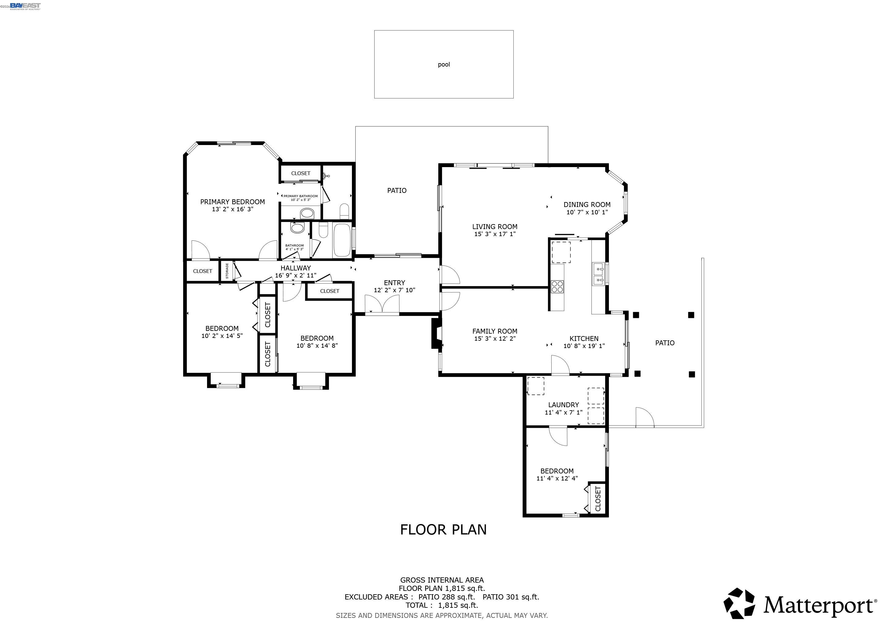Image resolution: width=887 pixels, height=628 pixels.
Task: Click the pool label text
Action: coord(443,65)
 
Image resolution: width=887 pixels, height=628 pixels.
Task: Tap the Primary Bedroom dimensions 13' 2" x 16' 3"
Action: coord(232,209)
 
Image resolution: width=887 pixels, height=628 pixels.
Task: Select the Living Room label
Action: coord(494,227)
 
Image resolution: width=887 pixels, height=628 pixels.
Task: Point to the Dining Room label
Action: coord(587,205)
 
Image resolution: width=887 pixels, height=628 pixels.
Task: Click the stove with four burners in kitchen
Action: coord(557,286)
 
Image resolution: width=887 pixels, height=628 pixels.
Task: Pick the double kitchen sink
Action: coord(598,274)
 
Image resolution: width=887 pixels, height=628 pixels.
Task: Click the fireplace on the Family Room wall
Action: coord(436,333)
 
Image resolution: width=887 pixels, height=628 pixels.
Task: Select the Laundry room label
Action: coord(563,405)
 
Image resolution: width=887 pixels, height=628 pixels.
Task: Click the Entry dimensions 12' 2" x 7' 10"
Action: coord(394,290)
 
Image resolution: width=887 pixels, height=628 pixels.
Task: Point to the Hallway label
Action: coord(296,268)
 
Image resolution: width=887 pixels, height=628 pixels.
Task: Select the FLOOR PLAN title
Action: coord(443,530)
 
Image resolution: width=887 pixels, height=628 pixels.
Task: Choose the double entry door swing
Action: coord(382,304)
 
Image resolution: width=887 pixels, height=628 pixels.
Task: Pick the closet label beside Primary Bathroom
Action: coord(300,173)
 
